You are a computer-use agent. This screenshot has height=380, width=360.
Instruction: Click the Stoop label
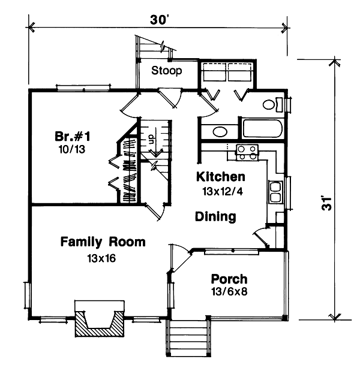[x=166, y=71]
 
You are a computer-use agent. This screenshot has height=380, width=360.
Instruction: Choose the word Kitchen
[x=221, y=177]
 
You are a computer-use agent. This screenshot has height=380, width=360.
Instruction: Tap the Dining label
[x=215, y=216]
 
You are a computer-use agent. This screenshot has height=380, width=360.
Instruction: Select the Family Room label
[x=103, y=242]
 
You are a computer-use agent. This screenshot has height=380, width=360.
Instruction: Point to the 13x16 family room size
[x=100, y=259]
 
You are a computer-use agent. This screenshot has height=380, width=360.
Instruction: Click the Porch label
[x=229, y=279]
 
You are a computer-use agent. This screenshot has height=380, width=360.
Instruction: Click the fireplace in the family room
[x=100, y=322]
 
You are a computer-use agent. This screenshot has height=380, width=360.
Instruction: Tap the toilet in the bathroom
[x=273, y=105]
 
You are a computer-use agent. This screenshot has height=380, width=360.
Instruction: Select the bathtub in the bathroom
[x=263, y=129]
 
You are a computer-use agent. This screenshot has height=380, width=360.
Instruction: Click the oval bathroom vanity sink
[x=220, y=132]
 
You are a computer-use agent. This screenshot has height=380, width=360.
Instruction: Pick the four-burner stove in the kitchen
[x=247, y=152]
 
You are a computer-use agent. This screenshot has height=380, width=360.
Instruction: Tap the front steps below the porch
[x=187, y=346]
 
